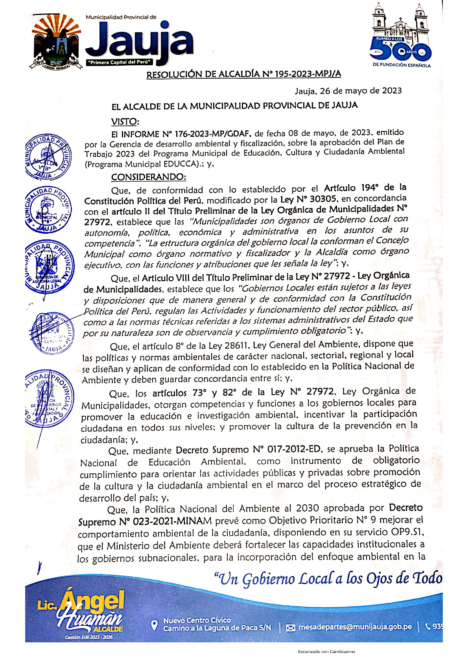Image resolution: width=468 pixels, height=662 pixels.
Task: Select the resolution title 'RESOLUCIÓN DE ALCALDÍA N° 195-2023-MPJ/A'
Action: [243, 74]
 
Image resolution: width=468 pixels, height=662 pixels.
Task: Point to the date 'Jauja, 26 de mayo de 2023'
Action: [348, 91]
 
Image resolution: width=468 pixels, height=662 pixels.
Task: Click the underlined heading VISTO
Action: [125, 121]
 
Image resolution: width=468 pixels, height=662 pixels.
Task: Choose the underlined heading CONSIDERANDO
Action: [148, 177]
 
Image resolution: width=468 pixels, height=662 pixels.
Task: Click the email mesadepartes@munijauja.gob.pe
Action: [355, 627]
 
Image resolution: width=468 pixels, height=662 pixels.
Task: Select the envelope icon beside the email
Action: [290, 627]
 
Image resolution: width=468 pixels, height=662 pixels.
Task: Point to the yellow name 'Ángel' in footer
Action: [94, 602]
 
